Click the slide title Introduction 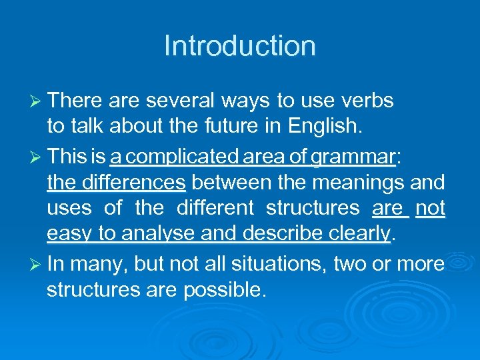point(240,46)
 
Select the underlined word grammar point(353,157)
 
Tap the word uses point(69,208)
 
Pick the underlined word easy point(70,235)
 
